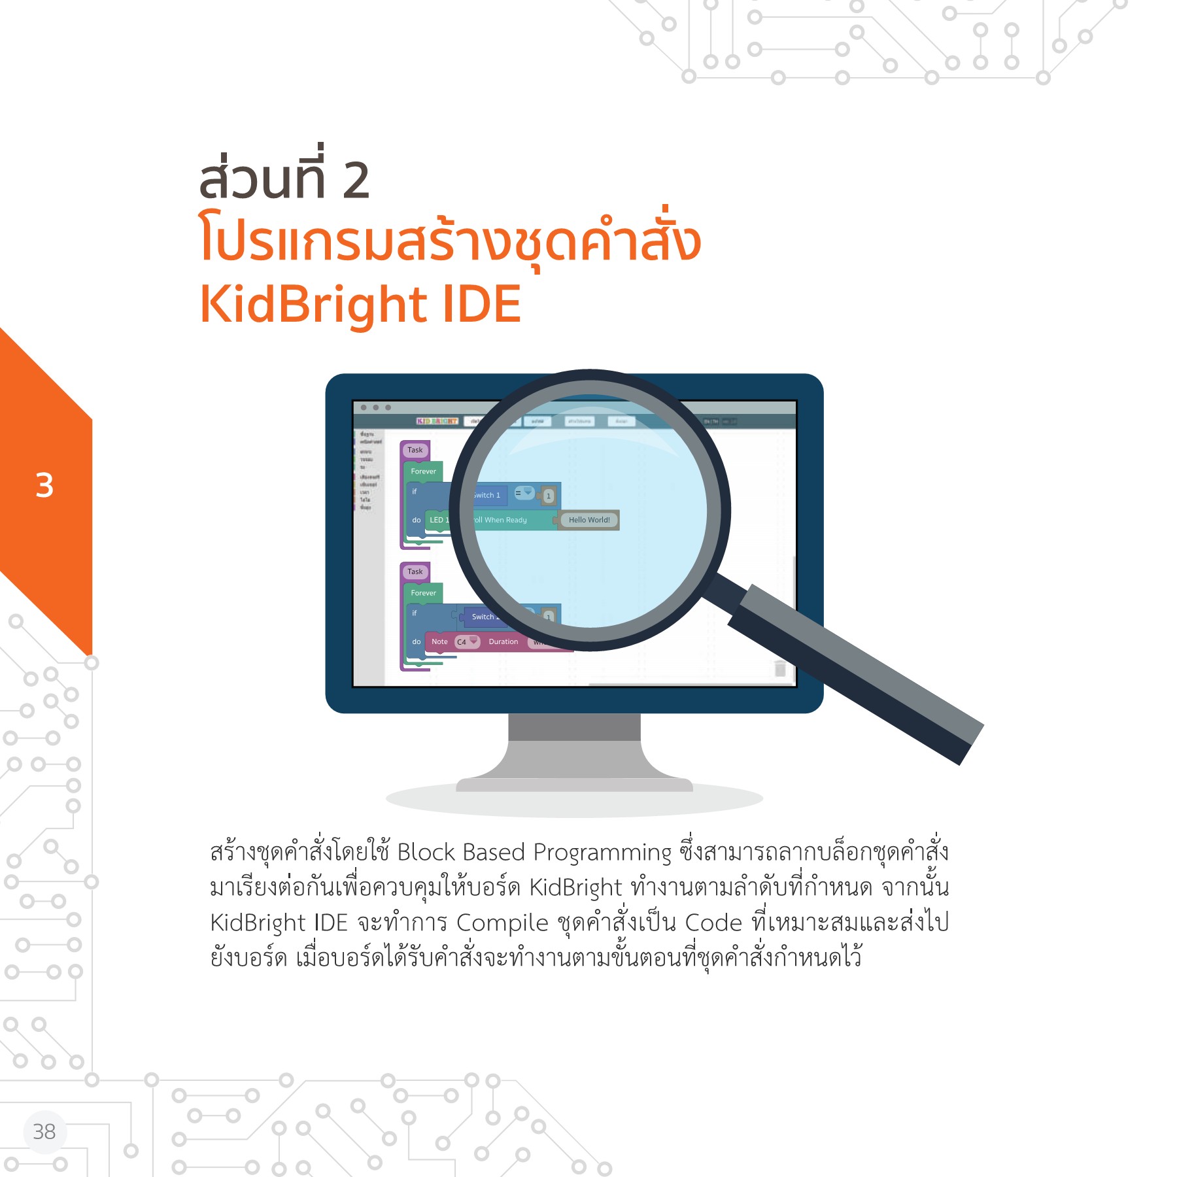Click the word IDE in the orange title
click(x=482, y=305)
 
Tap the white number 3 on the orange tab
click(x=44, y=486)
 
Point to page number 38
click(x=44, y=1131)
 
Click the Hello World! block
click(x=588, y=520)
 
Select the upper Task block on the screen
click(x=415, y=450)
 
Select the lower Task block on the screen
click(x=415, y=571)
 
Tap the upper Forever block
click(x=423, y=471)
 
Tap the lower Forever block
click(x=423, y=593)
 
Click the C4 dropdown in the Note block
click(x=466, y=641)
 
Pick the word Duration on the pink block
click(x=503, y=641)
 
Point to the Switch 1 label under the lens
click(x=486, y=495)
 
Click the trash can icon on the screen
click(x=780, y=668)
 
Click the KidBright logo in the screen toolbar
click(x=437, y=421)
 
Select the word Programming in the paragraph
click(x=602, y=853)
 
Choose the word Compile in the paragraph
click(x=502, y=923)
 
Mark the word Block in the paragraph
click(x=426, y=853)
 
